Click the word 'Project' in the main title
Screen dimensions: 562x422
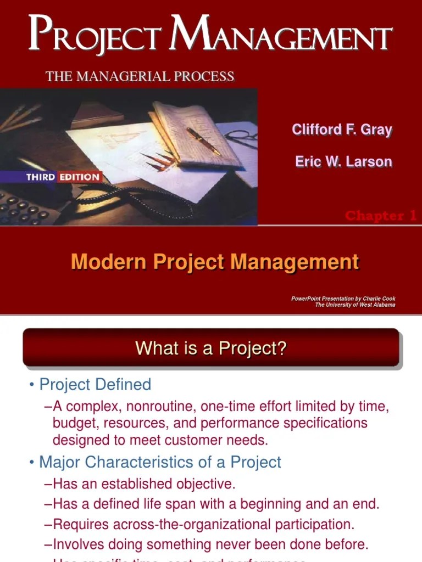[94, 34]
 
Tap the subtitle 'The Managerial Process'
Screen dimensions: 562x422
[140, 76]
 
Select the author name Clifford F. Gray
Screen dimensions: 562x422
[342, 130]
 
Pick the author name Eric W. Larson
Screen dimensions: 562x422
[343, 161]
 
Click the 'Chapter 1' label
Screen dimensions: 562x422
[380, 216]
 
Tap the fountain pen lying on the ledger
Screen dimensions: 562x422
[203, 141]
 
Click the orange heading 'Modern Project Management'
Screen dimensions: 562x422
[215, 262]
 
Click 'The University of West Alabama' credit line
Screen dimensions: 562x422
[355, 305]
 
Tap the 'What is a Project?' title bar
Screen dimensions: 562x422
[211, 348]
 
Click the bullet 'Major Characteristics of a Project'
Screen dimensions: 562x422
[159, 462]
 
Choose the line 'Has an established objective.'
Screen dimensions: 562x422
[144, 484]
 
